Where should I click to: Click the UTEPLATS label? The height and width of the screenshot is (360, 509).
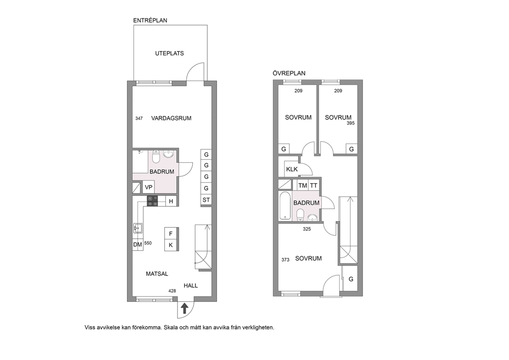pyautogui.click(x=169, y=53)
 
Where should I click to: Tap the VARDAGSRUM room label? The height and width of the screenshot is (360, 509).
pyautogui.click(x=171, y=118)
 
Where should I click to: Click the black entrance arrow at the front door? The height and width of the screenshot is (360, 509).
pyautogui.click(x=184, y=308)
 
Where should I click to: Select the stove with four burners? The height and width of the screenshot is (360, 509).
pyautogui.click(x=152, y=201)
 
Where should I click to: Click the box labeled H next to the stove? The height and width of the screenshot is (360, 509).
pyautogui.click(x=171, y=201)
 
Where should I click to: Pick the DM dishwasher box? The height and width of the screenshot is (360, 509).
pyautogui.click(x=138, y=244)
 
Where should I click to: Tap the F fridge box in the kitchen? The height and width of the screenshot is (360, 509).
pyautogui.click(x=171, y=234)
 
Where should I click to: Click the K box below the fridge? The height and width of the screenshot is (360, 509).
pyautogui.click(x=171, y=245)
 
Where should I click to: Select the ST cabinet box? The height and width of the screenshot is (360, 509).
pyautogui.click(x=206, y=200)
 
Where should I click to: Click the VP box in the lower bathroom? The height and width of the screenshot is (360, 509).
pyautogui.click(x=149, y=187)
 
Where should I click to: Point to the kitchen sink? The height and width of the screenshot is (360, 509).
pyautogui.click(x=138, y=229)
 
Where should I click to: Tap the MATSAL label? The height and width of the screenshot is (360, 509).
pyautogui.click(x=157, y=274)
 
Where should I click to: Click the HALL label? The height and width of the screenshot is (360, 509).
pyautogui.click(x=190, y=286)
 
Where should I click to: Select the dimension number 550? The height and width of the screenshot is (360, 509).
pyautogui.click(x=148, y=243)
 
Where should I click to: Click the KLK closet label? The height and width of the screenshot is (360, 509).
pyautogui.click(x=292, y=169)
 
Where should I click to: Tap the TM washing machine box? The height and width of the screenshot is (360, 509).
pyautogui.click(x=303, y=185)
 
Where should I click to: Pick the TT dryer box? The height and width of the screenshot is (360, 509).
pyautogui.click(x=314, y=185)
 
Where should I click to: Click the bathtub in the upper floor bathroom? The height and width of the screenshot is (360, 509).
pyautogui.click(x=285, y=205)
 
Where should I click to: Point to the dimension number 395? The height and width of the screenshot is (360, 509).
pyautogui.click(x=350, y=123)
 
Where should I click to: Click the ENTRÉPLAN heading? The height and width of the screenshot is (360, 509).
pyautogui.click(x=150, y=20)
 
